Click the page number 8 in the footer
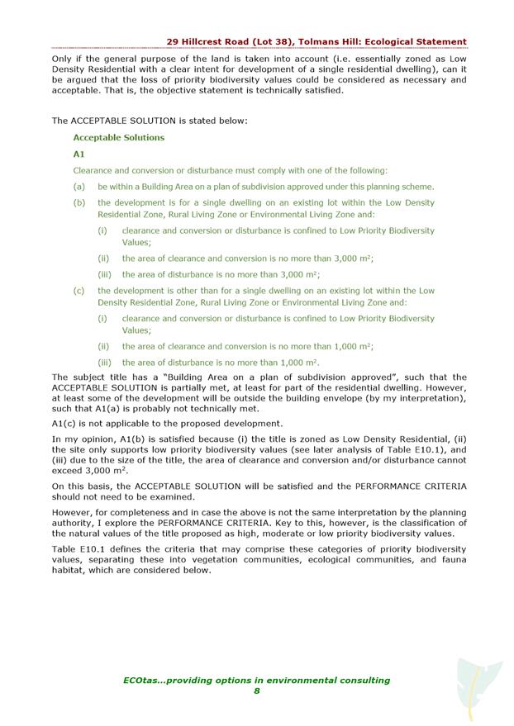click(x=257, y=691)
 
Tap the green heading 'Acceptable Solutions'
click(x=118, y=137)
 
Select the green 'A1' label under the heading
click(x=79, y=154)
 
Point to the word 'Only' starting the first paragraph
click(x=61, y=59)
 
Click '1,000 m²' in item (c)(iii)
click(x=298, y=362)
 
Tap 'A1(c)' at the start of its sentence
click(x=65, y=423)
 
